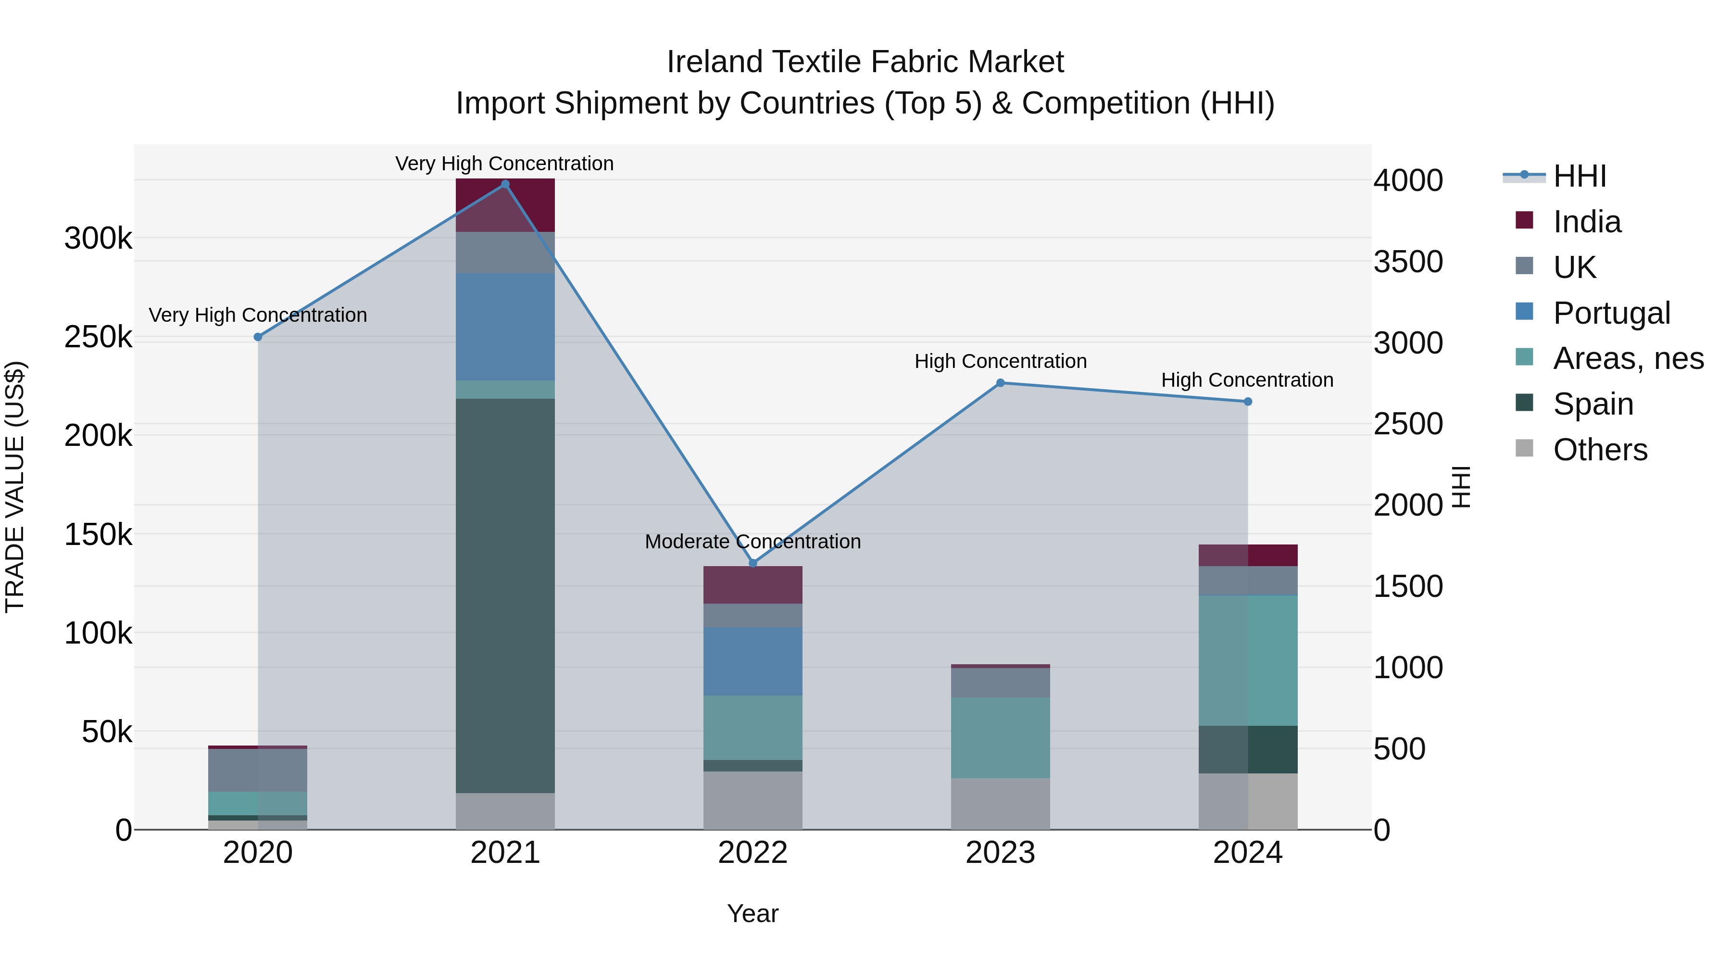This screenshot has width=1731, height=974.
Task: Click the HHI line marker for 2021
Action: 505,184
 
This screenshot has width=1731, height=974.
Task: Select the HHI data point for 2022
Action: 753,563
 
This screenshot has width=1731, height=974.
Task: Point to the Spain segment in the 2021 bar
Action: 505,595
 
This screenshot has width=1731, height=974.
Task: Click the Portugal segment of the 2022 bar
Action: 753,661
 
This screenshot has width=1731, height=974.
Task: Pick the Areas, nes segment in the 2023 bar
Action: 1000,737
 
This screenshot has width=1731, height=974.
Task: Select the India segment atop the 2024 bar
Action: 1248,555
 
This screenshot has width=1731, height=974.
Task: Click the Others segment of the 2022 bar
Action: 753,800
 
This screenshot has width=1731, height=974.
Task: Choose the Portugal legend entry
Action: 1611,313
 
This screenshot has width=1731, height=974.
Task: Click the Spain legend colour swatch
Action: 1525,403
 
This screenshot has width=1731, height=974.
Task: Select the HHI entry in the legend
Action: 1579,176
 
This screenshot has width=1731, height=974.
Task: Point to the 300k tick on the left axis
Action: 98,239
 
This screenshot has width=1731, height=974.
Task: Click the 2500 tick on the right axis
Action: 1408,424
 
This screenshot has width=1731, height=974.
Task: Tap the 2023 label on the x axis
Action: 1000,853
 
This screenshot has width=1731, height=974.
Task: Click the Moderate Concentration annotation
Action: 753,541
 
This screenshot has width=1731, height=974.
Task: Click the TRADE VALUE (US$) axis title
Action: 15,487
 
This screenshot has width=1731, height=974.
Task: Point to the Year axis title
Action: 753,913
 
